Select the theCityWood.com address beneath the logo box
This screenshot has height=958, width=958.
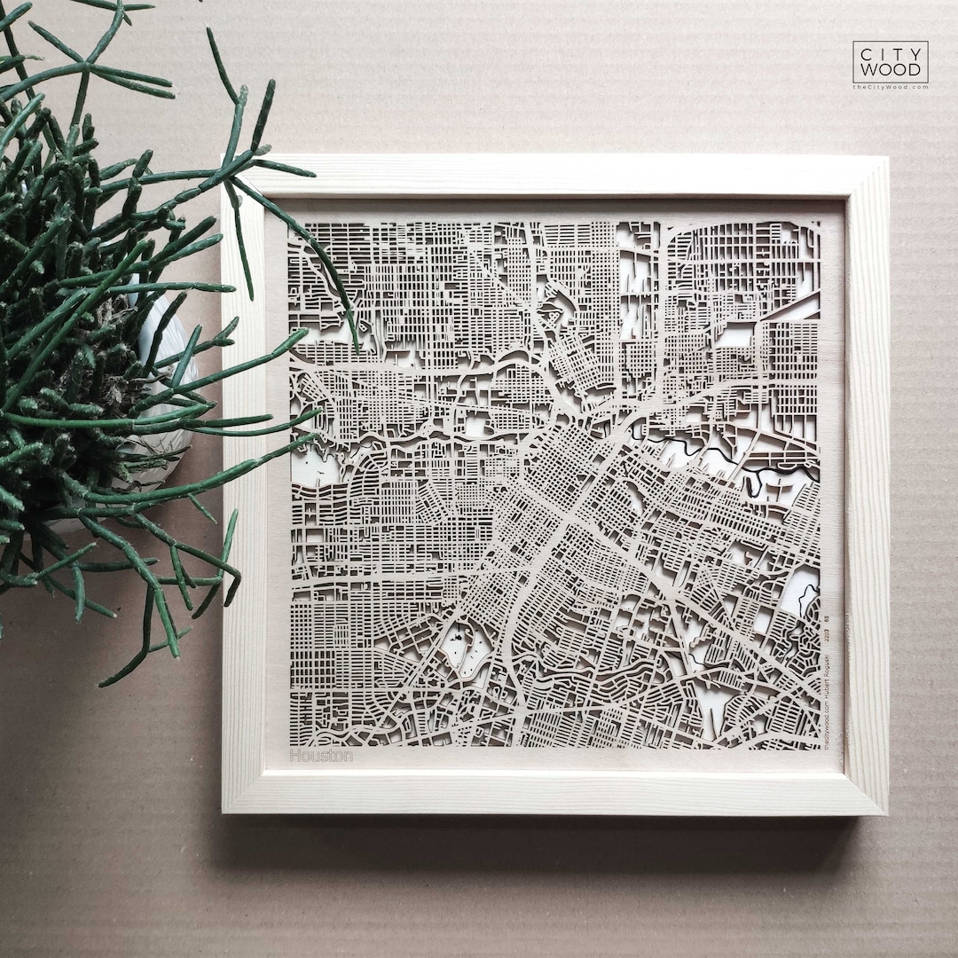[890, 87]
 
